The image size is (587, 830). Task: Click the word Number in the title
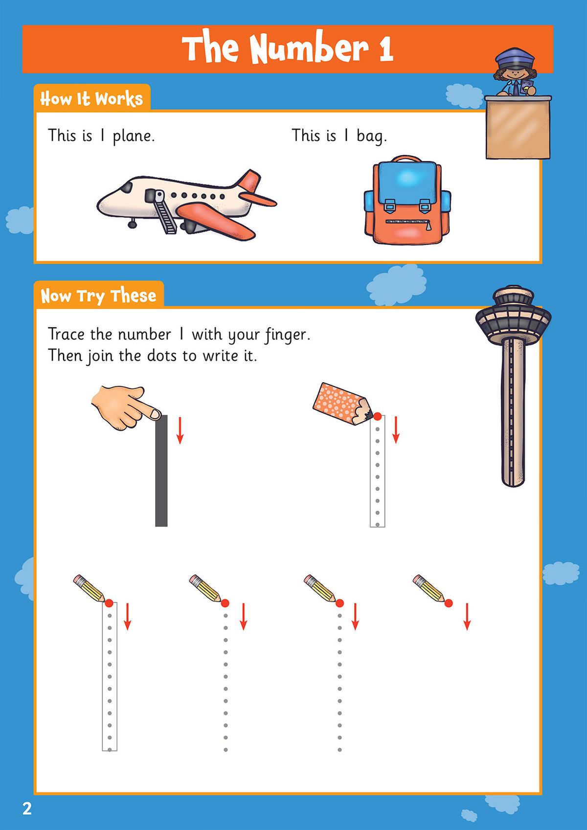(x=309, y=49)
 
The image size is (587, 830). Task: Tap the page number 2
(x=27, y=808)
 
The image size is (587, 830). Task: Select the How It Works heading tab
(x=91, y=99)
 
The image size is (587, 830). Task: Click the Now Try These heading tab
(x=98, y=296)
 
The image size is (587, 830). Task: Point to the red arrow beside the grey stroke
(x=180, y=430)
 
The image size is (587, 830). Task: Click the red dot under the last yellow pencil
(x=449, y=603)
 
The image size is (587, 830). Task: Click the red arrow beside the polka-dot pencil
(x=396, y=429)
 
